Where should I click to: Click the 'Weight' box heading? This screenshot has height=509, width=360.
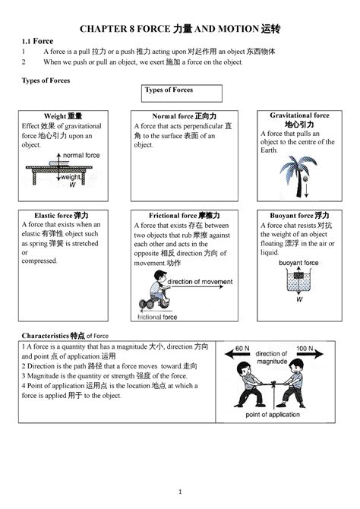[64, 115]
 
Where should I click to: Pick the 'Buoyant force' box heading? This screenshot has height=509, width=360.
[300, 215]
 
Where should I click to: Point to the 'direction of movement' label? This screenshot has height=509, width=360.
[200, 281]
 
